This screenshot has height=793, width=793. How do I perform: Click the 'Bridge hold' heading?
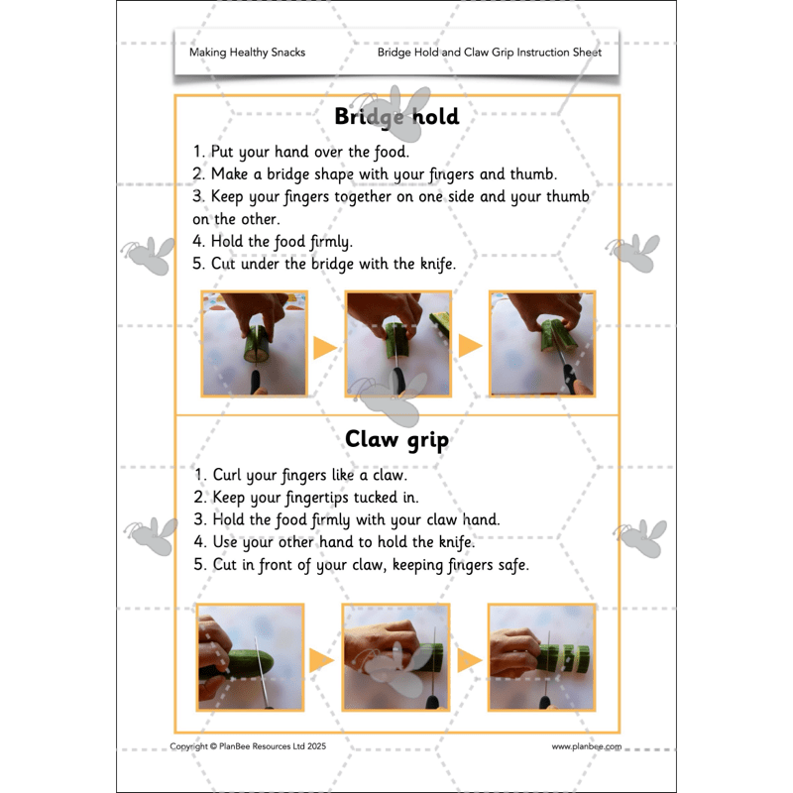[397, 117]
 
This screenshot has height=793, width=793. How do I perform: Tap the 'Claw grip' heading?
[397, 439]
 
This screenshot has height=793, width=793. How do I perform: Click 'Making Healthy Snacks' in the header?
[247, 53]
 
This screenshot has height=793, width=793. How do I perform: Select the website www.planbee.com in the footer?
[587, 746]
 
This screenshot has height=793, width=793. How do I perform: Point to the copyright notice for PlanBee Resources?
[248, 746]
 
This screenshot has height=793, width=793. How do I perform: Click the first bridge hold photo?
[255, 344]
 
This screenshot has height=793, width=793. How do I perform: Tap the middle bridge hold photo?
[398, 344]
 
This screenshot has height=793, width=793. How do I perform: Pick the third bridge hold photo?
[542, 344]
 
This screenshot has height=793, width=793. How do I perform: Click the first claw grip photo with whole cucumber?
[251, 657]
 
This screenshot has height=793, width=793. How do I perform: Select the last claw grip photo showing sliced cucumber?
[541, 657]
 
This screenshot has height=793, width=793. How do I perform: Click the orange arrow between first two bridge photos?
[325, 348]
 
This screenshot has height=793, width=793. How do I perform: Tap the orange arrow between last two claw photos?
[469, 660]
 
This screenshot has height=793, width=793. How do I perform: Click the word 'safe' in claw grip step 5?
[513, 565]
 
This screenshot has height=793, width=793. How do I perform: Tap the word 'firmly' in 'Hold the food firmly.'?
[331, 242]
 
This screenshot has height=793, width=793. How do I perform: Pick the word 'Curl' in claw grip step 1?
[227, 475]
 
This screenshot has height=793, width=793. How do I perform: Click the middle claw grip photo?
[396, 657]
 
